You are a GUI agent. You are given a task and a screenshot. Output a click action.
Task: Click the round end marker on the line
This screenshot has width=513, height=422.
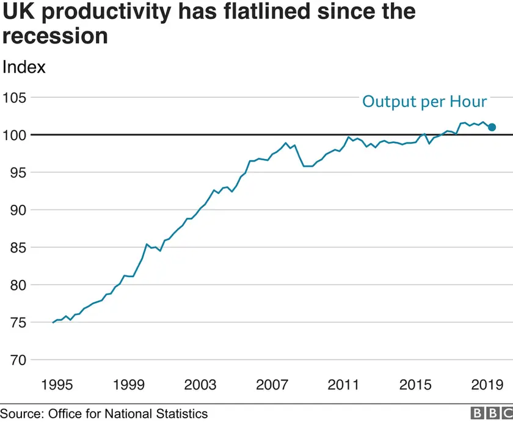[x=492, y=127]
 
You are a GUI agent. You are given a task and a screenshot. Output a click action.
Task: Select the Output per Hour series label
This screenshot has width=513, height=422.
[x=424, y=102]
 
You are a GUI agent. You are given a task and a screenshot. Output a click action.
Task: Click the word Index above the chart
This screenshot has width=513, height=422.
[x=24, y=67]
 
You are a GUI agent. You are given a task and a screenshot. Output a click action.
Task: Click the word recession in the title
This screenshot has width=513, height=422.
[x=54, y=35]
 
